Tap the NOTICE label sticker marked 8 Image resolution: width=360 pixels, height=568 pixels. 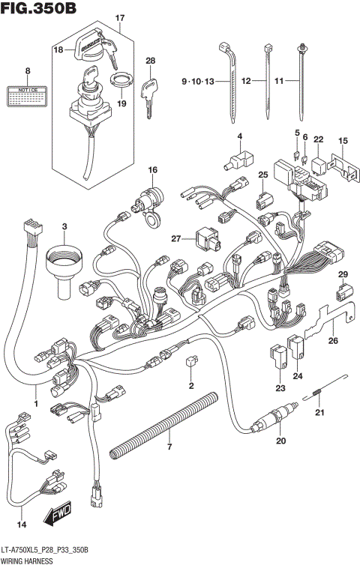[x=28, y=95]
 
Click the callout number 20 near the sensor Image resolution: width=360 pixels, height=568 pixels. [x=282, y=441]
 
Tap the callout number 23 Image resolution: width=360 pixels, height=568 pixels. [x=280, y=387]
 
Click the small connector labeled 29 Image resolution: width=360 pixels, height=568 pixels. [x=343, y=291]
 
